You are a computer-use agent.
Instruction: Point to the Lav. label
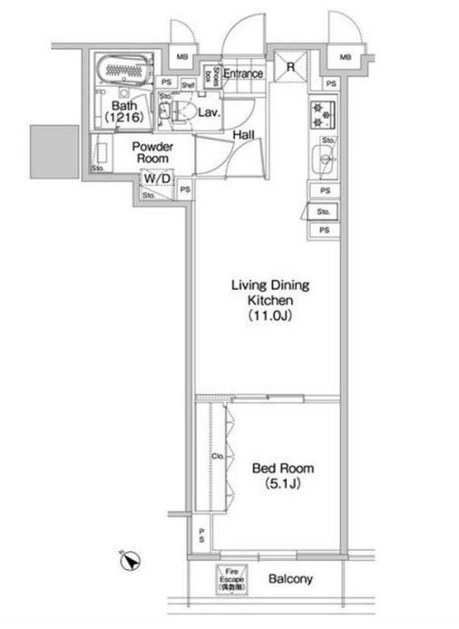pos(210,113)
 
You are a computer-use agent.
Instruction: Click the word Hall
pos(242,135)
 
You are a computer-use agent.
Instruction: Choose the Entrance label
pos(242,73)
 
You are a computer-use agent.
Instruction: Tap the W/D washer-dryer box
pos(156,179)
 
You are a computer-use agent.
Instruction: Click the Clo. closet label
pos(218,457)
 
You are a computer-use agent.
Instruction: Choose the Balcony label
pos(290,578)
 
